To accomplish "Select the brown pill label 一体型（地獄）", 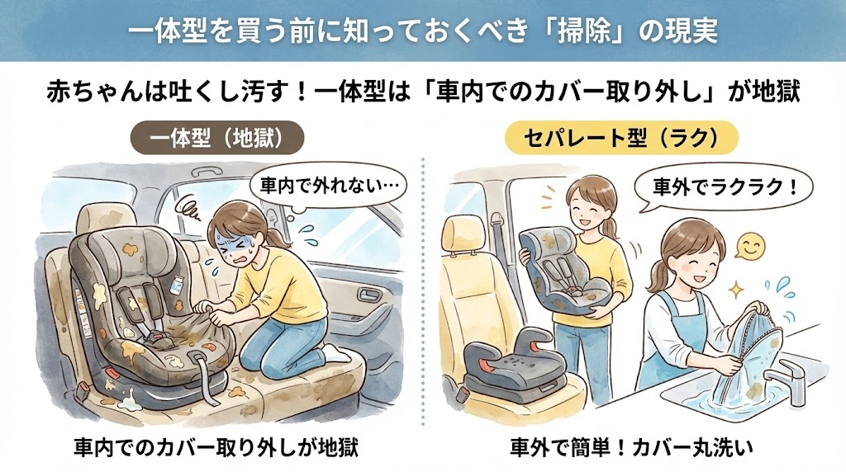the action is click(x=217, y=138).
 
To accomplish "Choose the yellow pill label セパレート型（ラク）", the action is click(x=621, y=138).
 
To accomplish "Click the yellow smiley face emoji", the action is click(x=750, y=247).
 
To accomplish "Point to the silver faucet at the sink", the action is click(x=792, y=380).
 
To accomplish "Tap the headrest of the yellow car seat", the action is click(x=462, y=233).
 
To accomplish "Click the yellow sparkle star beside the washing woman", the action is click(x=734, y=290).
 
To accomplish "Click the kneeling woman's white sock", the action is click(x=335, y=353).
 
